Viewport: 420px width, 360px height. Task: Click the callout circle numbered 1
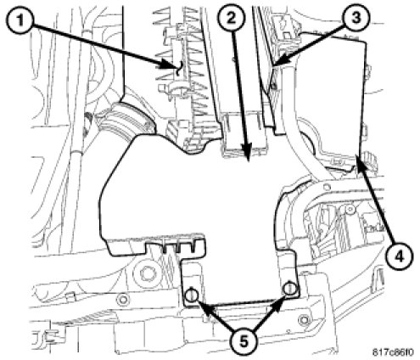20,20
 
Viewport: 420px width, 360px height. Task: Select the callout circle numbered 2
232,19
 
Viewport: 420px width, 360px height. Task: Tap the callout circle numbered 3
356,18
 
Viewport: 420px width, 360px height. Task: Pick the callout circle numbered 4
399,256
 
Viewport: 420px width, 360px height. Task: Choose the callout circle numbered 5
243,341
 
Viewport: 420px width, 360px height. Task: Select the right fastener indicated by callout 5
289,289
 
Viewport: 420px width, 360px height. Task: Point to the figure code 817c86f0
393,352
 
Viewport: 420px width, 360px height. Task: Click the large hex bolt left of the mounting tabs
147,273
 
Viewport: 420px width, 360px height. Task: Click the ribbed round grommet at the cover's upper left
126,120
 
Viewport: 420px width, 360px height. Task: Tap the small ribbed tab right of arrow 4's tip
371,160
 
